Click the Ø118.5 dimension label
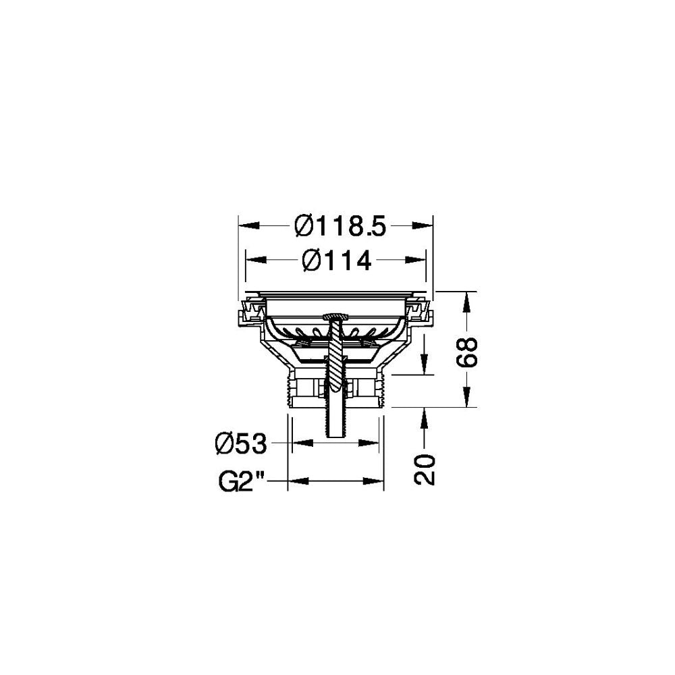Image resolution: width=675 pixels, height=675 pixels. click(x=340, y=225)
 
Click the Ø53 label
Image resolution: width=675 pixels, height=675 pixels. click(x=241, y=444)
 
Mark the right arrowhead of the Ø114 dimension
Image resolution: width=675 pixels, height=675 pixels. click(x=418, y=259)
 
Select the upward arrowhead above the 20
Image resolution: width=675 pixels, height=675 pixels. click(x=424, y=414)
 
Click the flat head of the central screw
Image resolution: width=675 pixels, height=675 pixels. click(x=335, y=317)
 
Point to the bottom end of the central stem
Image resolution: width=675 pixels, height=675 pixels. click(x=335, y=436)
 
